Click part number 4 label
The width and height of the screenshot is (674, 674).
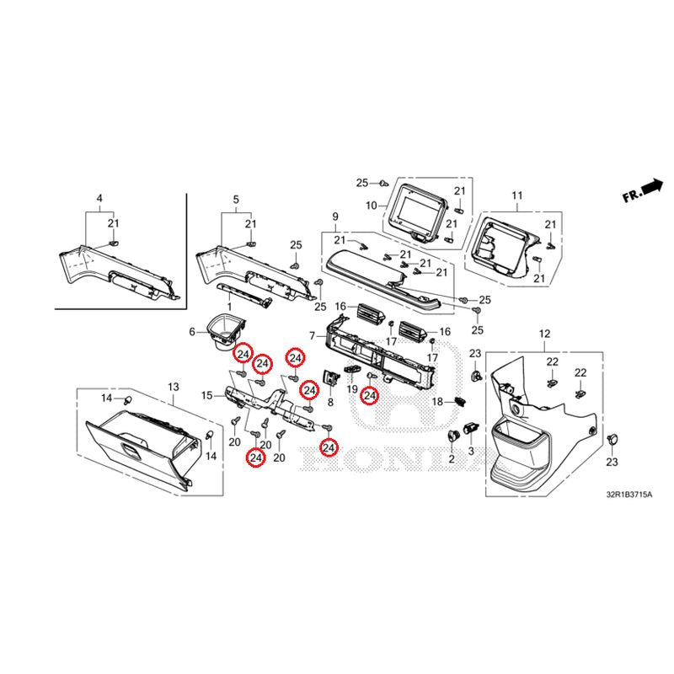[99, 199]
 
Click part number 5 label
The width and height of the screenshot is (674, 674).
[236, 199]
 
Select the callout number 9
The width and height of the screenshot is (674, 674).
[334, 217]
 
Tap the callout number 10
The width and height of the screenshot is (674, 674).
[371, 206]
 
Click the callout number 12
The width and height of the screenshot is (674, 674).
[543, 334]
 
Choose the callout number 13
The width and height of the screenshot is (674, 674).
[173, 387]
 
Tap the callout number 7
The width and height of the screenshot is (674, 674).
[312, 336]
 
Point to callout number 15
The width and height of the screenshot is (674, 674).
[207, 395]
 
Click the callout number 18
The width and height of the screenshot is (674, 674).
[437, 403]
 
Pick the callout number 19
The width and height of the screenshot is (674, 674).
[351, 389]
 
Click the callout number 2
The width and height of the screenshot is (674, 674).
[452, 459]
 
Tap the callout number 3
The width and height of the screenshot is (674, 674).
[471, 452]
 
